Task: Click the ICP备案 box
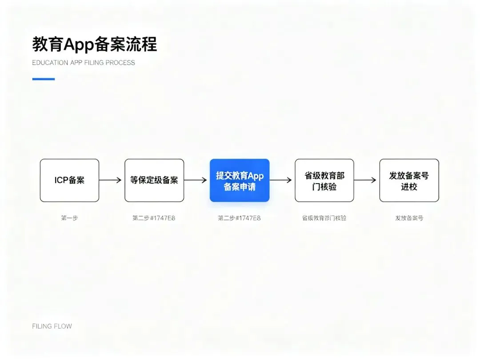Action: click(x=69, y=180)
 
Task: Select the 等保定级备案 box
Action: click(x=154, y=180)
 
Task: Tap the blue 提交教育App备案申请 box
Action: click(x=240, y=180)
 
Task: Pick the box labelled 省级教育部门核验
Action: click(x=324, y=180)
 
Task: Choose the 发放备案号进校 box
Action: click(x=409, y=180)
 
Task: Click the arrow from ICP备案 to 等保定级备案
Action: click(x=110, y=180)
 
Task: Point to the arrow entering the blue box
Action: click(x=195, y=180)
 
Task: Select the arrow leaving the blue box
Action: click(x=281, y=180)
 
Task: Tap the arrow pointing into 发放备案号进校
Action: click(x=365, y=180)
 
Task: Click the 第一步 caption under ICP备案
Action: click(x=69, y=218)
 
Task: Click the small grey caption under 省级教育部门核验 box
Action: click(x=324, y=218)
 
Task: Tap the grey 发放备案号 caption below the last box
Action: click(x=409, y=218)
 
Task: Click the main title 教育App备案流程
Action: click(x=95, y=44)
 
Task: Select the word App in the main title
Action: click(x=78, y=45)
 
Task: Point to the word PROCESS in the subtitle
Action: click(x=120, y=63)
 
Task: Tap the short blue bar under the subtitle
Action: click(x=44, y=79)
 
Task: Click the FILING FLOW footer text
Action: click(x=52, y=326)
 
